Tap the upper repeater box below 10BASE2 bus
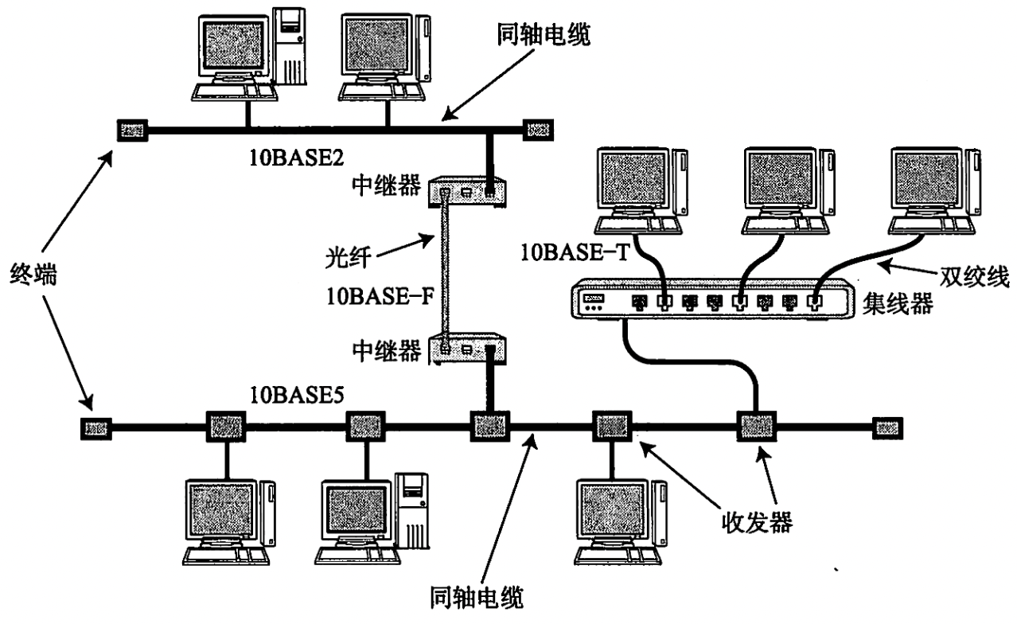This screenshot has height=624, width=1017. click(x=468, y=192)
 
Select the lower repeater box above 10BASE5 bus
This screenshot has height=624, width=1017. click(x=468, y=349)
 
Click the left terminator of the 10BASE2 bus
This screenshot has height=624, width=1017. click(x=131, y=129)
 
